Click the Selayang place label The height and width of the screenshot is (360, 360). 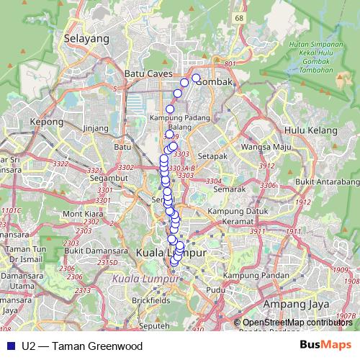point(81,38)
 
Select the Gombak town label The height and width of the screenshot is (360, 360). point(216,82)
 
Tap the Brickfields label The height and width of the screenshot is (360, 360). point(151,299)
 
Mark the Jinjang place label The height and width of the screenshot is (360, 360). point(95,129)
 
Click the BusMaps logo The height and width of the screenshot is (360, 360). point(325,345)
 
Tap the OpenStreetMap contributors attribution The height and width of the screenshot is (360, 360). point(297,323)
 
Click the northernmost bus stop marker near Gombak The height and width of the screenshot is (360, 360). point(196,78)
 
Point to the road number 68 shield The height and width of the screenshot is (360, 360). point(238,17)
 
